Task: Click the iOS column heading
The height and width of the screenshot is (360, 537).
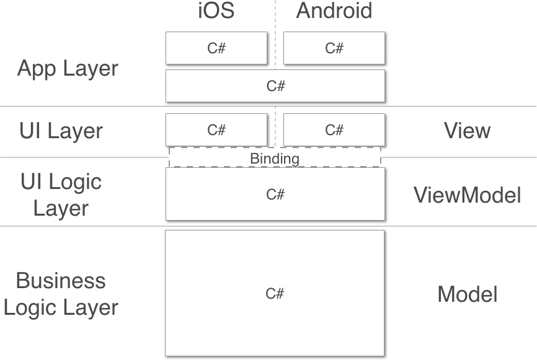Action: click(x=216, y=11)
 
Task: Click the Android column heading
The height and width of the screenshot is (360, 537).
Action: click(x=334, y=11)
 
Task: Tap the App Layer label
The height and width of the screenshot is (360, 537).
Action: click(x=67, y=68)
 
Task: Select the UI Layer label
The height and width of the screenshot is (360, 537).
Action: click(x=61, y=131)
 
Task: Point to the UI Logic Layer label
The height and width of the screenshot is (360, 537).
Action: click(x=61, y=195)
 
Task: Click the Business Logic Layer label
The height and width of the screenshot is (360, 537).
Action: click(x=61, y=294)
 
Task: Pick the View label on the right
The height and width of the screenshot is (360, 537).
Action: click(x=467, y=131)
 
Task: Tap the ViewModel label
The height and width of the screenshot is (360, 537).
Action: click(x=467, y=195)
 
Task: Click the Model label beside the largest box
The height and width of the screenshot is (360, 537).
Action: click(x=467, y=294)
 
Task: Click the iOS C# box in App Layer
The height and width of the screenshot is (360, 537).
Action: click(x=216, y=48)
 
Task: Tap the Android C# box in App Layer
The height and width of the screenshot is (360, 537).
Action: click(x=334, y=48)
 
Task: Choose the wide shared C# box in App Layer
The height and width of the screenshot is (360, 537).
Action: click(x=275, y=86)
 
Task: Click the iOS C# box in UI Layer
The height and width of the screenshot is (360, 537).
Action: click(x=216, y=130)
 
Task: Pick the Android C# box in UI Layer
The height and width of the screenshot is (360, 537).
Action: click(x=334, y=130)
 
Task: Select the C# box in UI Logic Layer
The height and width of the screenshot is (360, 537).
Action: click(x=275, y=194)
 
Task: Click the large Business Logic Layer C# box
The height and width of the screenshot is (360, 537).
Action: click(x=275, y=293)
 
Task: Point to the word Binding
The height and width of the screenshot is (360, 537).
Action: click(x=275, y=159)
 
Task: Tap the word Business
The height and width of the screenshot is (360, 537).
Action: click(x=61, y=281)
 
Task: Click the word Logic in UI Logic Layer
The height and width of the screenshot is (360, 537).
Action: click(x=76, y=182)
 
